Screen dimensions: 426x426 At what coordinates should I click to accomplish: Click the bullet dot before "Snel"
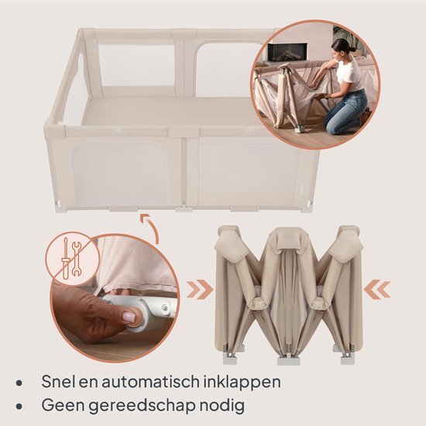[19, 383]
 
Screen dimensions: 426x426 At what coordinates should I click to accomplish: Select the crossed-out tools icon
[71, 258]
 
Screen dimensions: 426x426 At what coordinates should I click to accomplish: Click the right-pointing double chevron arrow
[200, 290]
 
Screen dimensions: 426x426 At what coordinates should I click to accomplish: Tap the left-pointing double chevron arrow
[377, 289]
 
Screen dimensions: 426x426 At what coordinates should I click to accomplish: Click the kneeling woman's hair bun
[351, 49]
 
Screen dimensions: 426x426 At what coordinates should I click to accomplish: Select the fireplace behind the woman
[287, 52]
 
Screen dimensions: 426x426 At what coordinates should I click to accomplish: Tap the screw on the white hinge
[166, 307]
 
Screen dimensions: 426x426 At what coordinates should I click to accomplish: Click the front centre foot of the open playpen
[184, 208]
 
